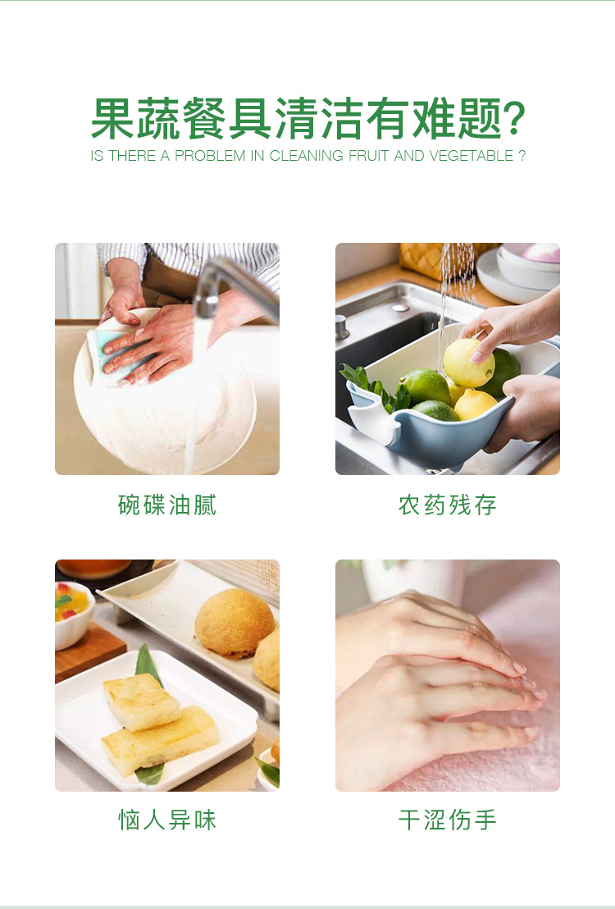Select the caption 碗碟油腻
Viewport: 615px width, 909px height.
(x=167, y=505)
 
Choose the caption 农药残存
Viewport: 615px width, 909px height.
(x=448, y=505)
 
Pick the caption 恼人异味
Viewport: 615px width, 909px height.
(x=167, y=820)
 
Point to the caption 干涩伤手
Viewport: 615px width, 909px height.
(x=448, y=820)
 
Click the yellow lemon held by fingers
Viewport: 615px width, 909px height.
(x=468, y=363)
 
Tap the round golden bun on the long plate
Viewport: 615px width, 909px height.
(x=235, y=622)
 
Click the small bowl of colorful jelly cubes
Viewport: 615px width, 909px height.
(x=74, y=614)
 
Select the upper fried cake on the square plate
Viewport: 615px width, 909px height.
(x=141, y=702)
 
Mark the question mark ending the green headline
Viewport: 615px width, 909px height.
(x=513, y=118)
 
